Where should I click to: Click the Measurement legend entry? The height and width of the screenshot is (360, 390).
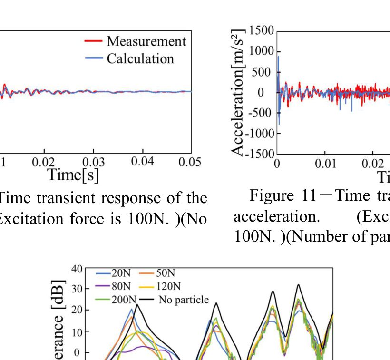coord(146,41)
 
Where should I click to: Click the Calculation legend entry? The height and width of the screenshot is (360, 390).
coord(140,58)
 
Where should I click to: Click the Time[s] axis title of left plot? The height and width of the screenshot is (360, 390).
coord(73,175)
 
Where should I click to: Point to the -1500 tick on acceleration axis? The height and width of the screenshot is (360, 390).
coord(260,154)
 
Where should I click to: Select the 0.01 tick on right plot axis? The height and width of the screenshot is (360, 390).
coord(325,164)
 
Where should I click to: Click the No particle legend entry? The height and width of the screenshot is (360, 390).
coord(183,300)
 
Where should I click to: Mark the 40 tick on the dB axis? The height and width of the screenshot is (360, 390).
coord(77,269)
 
